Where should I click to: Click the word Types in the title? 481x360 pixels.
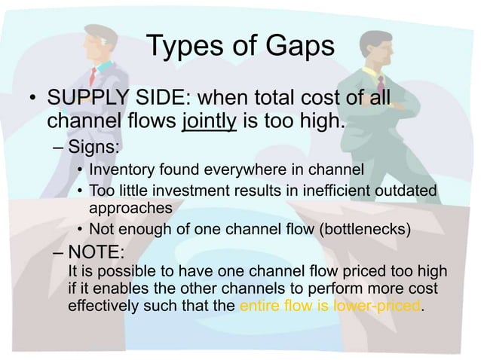[x=182, y=47]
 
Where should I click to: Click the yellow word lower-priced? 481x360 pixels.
[x=378, y=307]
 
